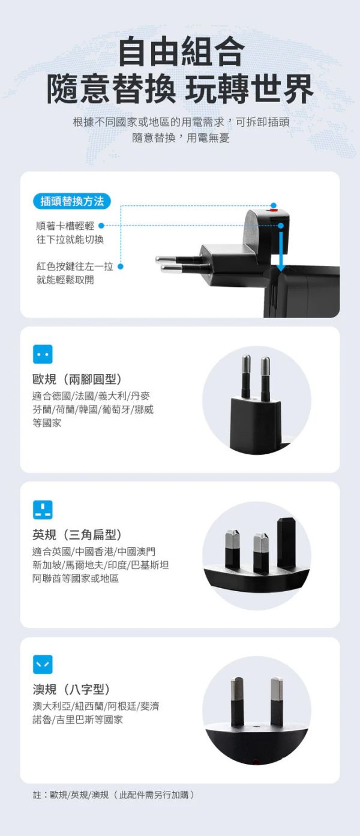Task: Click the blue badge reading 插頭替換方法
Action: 72,201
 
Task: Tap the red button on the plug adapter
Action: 274,211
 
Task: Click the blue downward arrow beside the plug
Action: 281,250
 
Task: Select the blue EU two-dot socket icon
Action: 43,354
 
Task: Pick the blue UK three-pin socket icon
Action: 43,510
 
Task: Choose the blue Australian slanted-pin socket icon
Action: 43,664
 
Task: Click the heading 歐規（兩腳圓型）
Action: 77,379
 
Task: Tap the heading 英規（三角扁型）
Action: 77,535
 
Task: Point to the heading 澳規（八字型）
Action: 71,690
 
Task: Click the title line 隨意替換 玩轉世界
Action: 180,88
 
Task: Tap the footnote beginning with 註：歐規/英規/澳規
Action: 113,795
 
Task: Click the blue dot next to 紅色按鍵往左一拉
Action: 121,266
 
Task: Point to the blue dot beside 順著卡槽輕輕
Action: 101,226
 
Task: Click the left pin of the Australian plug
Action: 237,702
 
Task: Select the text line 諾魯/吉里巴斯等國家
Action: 77,720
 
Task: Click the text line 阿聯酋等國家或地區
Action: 76,579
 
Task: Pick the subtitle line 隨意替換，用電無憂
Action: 181,138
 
